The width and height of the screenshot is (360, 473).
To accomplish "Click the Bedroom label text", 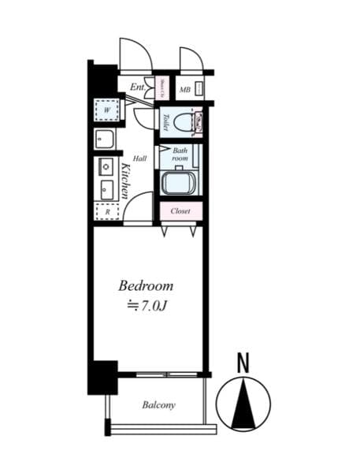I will tap(146, 285).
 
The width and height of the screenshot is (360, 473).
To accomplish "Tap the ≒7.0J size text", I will tap(146, 306).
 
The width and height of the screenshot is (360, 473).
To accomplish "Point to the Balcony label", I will tap(158, 405).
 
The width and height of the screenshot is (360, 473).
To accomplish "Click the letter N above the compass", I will tap(243, 363).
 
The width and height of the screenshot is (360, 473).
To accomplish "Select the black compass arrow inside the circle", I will tap(243, 404).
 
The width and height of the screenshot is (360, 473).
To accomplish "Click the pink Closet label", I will tap(181, 211).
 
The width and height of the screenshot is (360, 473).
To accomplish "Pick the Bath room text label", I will tap(180, 155).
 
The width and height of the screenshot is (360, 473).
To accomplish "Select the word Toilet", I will tap(166, 123).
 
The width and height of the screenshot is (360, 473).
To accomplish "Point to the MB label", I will tap(184, 90).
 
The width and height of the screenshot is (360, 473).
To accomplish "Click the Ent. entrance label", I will tap(137, 87).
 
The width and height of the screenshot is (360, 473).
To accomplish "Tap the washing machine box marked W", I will tap(106, 110).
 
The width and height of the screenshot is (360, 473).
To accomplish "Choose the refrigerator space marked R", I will tap(106, 211).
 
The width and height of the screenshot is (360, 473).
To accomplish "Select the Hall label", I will tap(139, 158).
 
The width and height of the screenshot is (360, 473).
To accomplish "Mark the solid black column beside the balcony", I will tap(102, 377).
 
